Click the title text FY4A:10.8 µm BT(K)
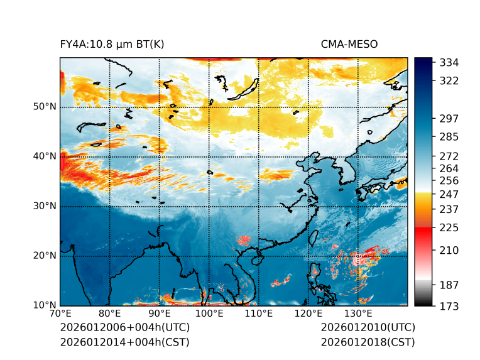[x=112, y=44]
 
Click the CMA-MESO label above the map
[x=349, y=44]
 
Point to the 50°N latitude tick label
[x=45, y=107]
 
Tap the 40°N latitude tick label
[x=45, y=156]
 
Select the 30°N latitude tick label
[x=45, y=206]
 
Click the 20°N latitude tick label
[x=45, y=256]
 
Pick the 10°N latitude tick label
[x=45, y=305]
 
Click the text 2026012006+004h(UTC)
[x=124, y=327]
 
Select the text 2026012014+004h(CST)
[x=124, y=342]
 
